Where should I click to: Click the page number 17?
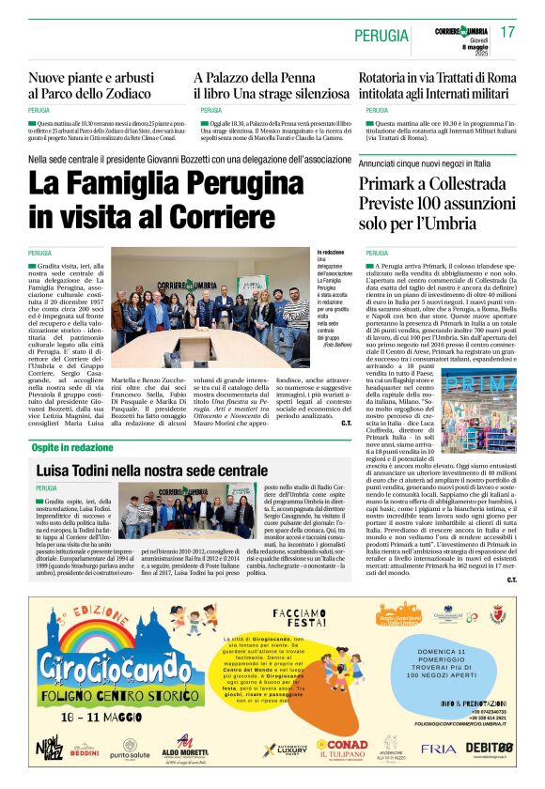pyautogui.click(x=507, y=32)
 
